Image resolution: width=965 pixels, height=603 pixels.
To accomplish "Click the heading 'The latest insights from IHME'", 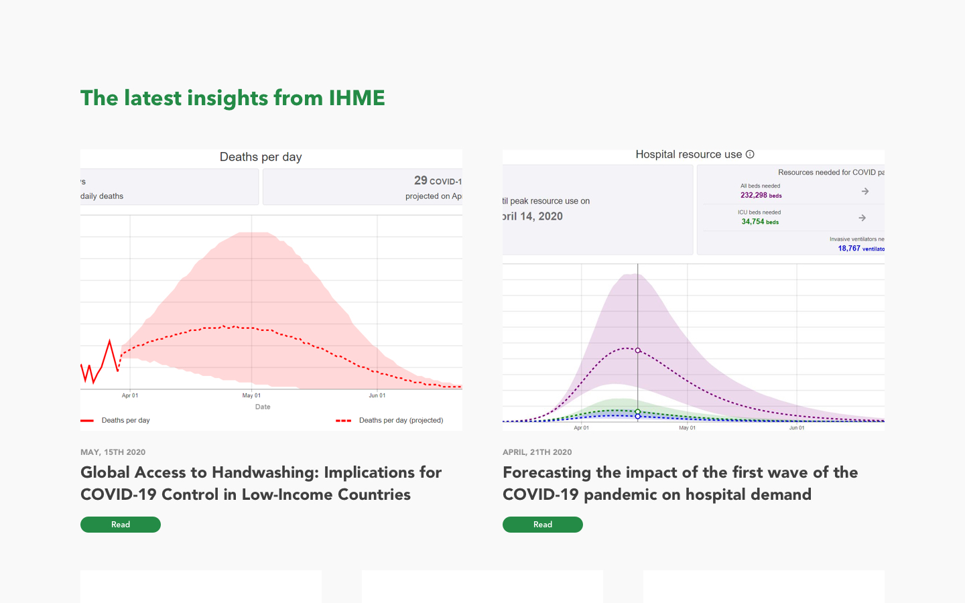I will [233, 98].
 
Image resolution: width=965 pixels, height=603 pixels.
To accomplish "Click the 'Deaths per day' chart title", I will [261, 157].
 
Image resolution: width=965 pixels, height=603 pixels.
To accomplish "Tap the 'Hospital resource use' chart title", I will [688, 155].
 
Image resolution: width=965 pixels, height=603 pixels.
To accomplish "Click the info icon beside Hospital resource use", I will [750, 154].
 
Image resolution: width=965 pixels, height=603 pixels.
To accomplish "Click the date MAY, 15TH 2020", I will [113, 452].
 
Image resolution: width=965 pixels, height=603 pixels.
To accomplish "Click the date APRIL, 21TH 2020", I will [537, 452].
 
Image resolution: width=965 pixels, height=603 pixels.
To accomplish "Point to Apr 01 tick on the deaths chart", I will [130, 395].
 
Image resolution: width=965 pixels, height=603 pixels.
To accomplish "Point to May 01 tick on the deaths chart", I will [251, 395].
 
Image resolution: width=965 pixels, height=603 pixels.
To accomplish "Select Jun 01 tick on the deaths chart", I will [377, 395].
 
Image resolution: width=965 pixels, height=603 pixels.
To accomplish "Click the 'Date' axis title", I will [263, 407].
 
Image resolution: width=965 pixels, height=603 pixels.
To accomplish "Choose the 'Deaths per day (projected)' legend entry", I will [401, 421].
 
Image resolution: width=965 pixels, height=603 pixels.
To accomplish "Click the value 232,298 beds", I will [761, 196].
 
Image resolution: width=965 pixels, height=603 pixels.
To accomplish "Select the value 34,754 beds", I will [760, 222].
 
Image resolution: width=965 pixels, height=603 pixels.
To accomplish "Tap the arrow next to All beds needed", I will [865, 192].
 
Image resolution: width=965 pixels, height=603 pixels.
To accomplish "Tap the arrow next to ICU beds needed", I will [862, 218].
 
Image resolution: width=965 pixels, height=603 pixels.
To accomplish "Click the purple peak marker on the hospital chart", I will [638, 350].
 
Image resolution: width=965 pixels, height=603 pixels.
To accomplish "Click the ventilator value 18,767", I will [849, 249].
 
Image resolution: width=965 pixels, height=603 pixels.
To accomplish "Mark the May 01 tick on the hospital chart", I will [687, 427].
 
